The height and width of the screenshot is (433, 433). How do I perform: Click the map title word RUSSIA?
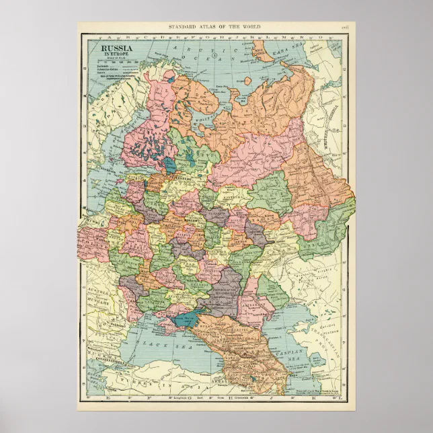click(x=116, y=48)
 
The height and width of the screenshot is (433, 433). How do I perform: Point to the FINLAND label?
click(x=134, y=128)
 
